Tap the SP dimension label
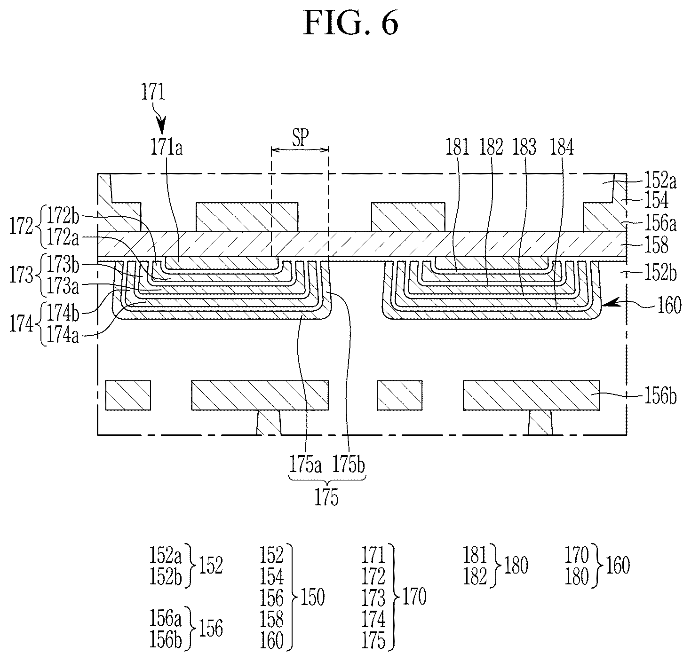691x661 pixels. click(301, 137)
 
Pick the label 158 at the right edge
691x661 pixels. click(656, 245)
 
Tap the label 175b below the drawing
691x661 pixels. click(349, 464)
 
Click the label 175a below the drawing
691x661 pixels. click(305, 464)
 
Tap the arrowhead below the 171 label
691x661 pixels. click(161, 126)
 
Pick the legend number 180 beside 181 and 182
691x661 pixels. click(516, 566)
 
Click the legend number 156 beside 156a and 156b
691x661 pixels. click(211, 629)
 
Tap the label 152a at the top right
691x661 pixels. click(660, 181)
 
